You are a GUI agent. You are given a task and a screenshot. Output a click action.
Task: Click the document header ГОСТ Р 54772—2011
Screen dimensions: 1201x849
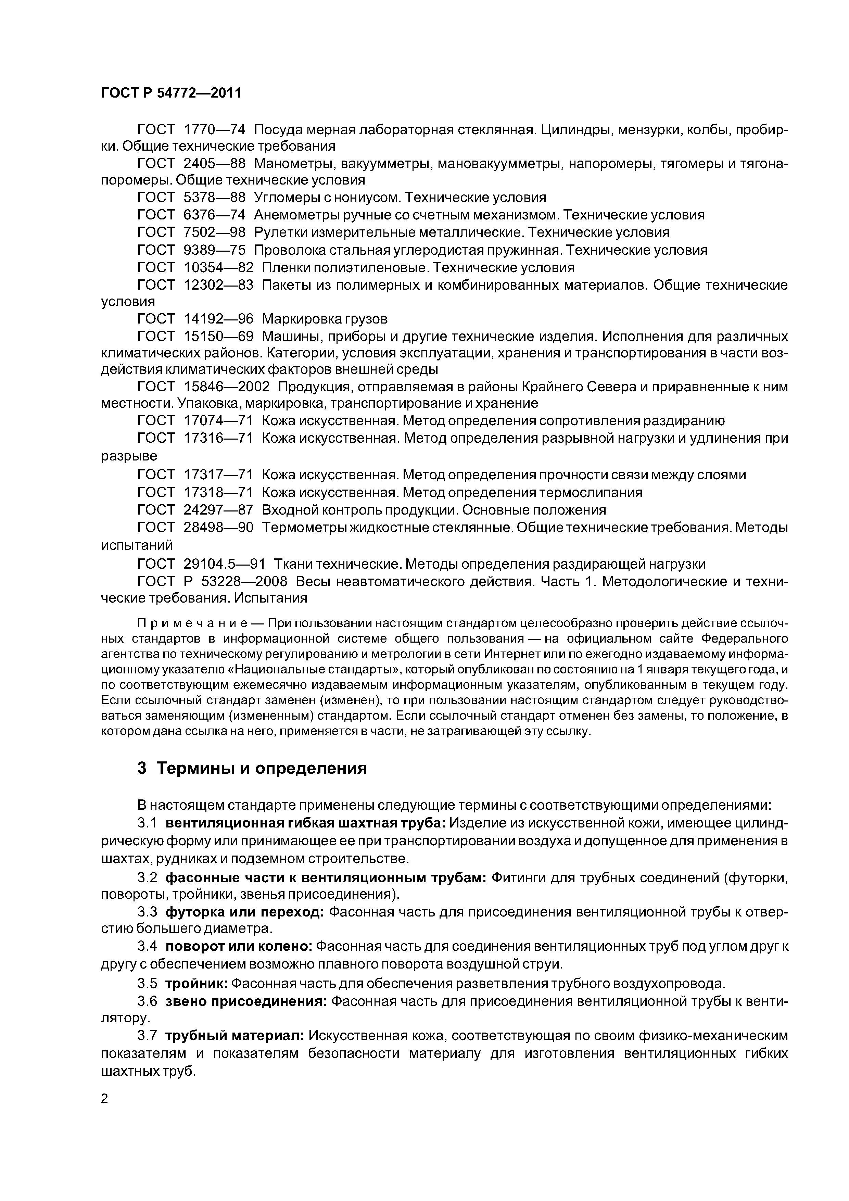point(171,93)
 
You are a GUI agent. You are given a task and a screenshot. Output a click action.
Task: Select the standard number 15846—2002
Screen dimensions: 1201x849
point(227,387)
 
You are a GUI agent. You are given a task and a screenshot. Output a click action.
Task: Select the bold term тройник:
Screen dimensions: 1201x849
point(196,984)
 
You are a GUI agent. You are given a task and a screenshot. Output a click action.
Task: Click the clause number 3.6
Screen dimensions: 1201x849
point(147,1001)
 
